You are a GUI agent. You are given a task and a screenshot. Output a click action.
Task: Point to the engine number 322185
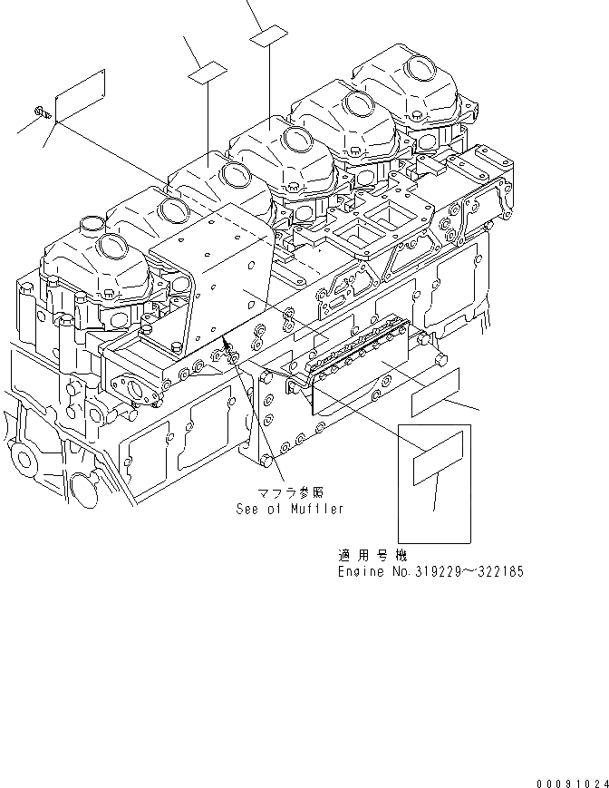coord(498,572)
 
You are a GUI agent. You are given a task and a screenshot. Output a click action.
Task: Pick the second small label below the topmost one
coord(207,70)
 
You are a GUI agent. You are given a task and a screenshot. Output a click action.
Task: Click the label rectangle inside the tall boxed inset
coord(439,469)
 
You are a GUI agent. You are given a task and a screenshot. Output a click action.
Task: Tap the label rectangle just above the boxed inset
coord(437,393)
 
